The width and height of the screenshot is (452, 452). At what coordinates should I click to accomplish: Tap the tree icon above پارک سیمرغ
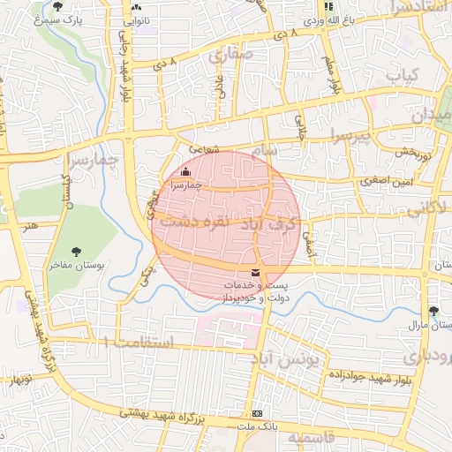click(x=58, y=7)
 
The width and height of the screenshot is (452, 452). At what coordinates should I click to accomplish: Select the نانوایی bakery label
click(x=135, y=19)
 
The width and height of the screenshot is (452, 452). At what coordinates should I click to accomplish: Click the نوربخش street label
click(x=411, y=152)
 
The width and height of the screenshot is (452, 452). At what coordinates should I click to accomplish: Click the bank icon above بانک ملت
click(x=257, y=413)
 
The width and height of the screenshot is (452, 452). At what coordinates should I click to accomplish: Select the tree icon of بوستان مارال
click(x=433, y=311)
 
